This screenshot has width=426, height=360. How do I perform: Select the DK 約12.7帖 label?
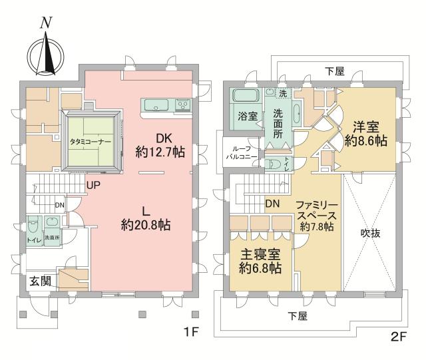point(160,144)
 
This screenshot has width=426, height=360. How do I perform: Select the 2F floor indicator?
point(399,337)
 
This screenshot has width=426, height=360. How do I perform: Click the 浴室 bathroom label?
point(248,116)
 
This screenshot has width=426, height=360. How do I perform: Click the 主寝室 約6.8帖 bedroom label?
point(260,261)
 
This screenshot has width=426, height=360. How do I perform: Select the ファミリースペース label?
point(313,211)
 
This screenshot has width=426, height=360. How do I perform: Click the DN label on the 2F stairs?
point(272,204)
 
